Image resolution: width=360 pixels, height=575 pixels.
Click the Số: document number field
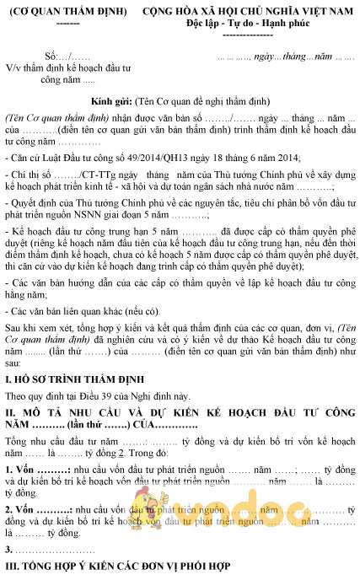pos(62,56)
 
